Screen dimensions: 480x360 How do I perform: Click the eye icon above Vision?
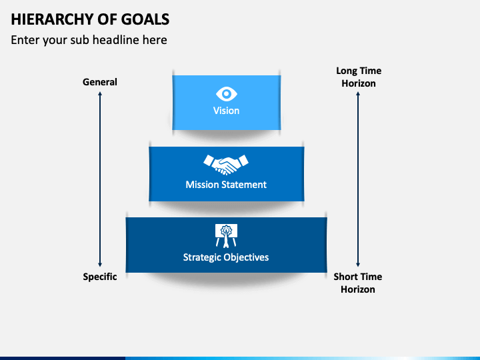(x=227, y=94)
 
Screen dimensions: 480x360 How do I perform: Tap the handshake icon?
(x=226, y=165)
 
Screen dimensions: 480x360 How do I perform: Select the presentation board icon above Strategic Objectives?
(x=226, y=236)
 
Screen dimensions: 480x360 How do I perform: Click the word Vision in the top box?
(x=226, y=111)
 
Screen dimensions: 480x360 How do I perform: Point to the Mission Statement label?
(x=226, y=185)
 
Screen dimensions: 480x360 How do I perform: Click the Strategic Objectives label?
(x=226, y=257)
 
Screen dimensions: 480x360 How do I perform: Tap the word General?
(x=100, y=82)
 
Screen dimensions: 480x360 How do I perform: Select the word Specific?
(x=100, y=277)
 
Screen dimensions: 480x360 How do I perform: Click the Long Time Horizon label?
(x=359, y=77)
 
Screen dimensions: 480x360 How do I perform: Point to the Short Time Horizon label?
(x=358, y=283)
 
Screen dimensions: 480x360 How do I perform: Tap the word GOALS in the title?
(x=145, y=19)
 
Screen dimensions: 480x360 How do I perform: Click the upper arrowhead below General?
(x=100, y=94)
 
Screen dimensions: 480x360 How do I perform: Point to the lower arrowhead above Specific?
(x=100, y=265)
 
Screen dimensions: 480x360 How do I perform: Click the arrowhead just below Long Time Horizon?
(x=358, y=94)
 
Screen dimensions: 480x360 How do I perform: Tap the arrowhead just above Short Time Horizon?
(x=358, y=265)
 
